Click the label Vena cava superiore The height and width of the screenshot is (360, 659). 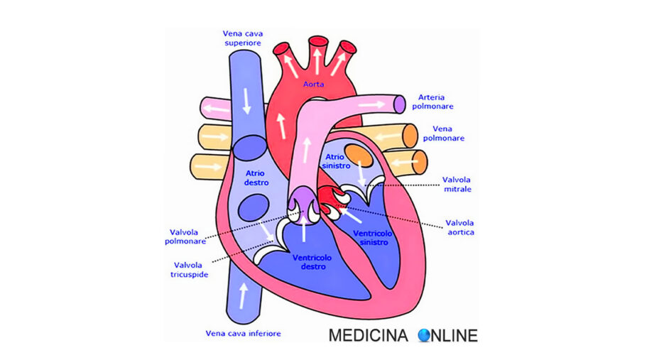tap(242, 38)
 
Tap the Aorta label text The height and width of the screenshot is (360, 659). tap(314, 84)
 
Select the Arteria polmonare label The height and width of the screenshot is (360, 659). tap(432, 102)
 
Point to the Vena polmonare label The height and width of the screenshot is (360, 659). tap(443, 133)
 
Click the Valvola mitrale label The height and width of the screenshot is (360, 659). tap(457, 185)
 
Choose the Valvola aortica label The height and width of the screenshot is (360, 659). tap(460, 227)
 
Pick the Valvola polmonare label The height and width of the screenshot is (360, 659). tap(185, 236)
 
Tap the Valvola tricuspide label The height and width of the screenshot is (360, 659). tap(189, 270)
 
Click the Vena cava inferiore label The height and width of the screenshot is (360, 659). tap(243, 334)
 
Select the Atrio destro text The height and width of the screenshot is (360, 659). tap(256, 178)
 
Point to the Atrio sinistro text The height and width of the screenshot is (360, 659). tap(336, 161)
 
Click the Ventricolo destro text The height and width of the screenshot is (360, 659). tap(312, 262)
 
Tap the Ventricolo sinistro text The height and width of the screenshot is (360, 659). tap(372, 238)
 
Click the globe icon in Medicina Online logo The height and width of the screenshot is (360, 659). tap(425, 335)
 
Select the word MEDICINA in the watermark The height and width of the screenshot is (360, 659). tap(368, 335)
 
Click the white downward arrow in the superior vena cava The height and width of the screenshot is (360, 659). tap(246, 101)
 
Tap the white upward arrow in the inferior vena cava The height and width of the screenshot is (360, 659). tap(243, 295)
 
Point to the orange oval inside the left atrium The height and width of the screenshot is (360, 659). tap(359, 156)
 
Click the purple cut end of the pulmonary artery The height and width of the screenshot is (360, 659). tap(400, 104)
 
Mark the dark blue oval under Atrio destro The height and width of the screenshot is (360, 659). tap(254, 207)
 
